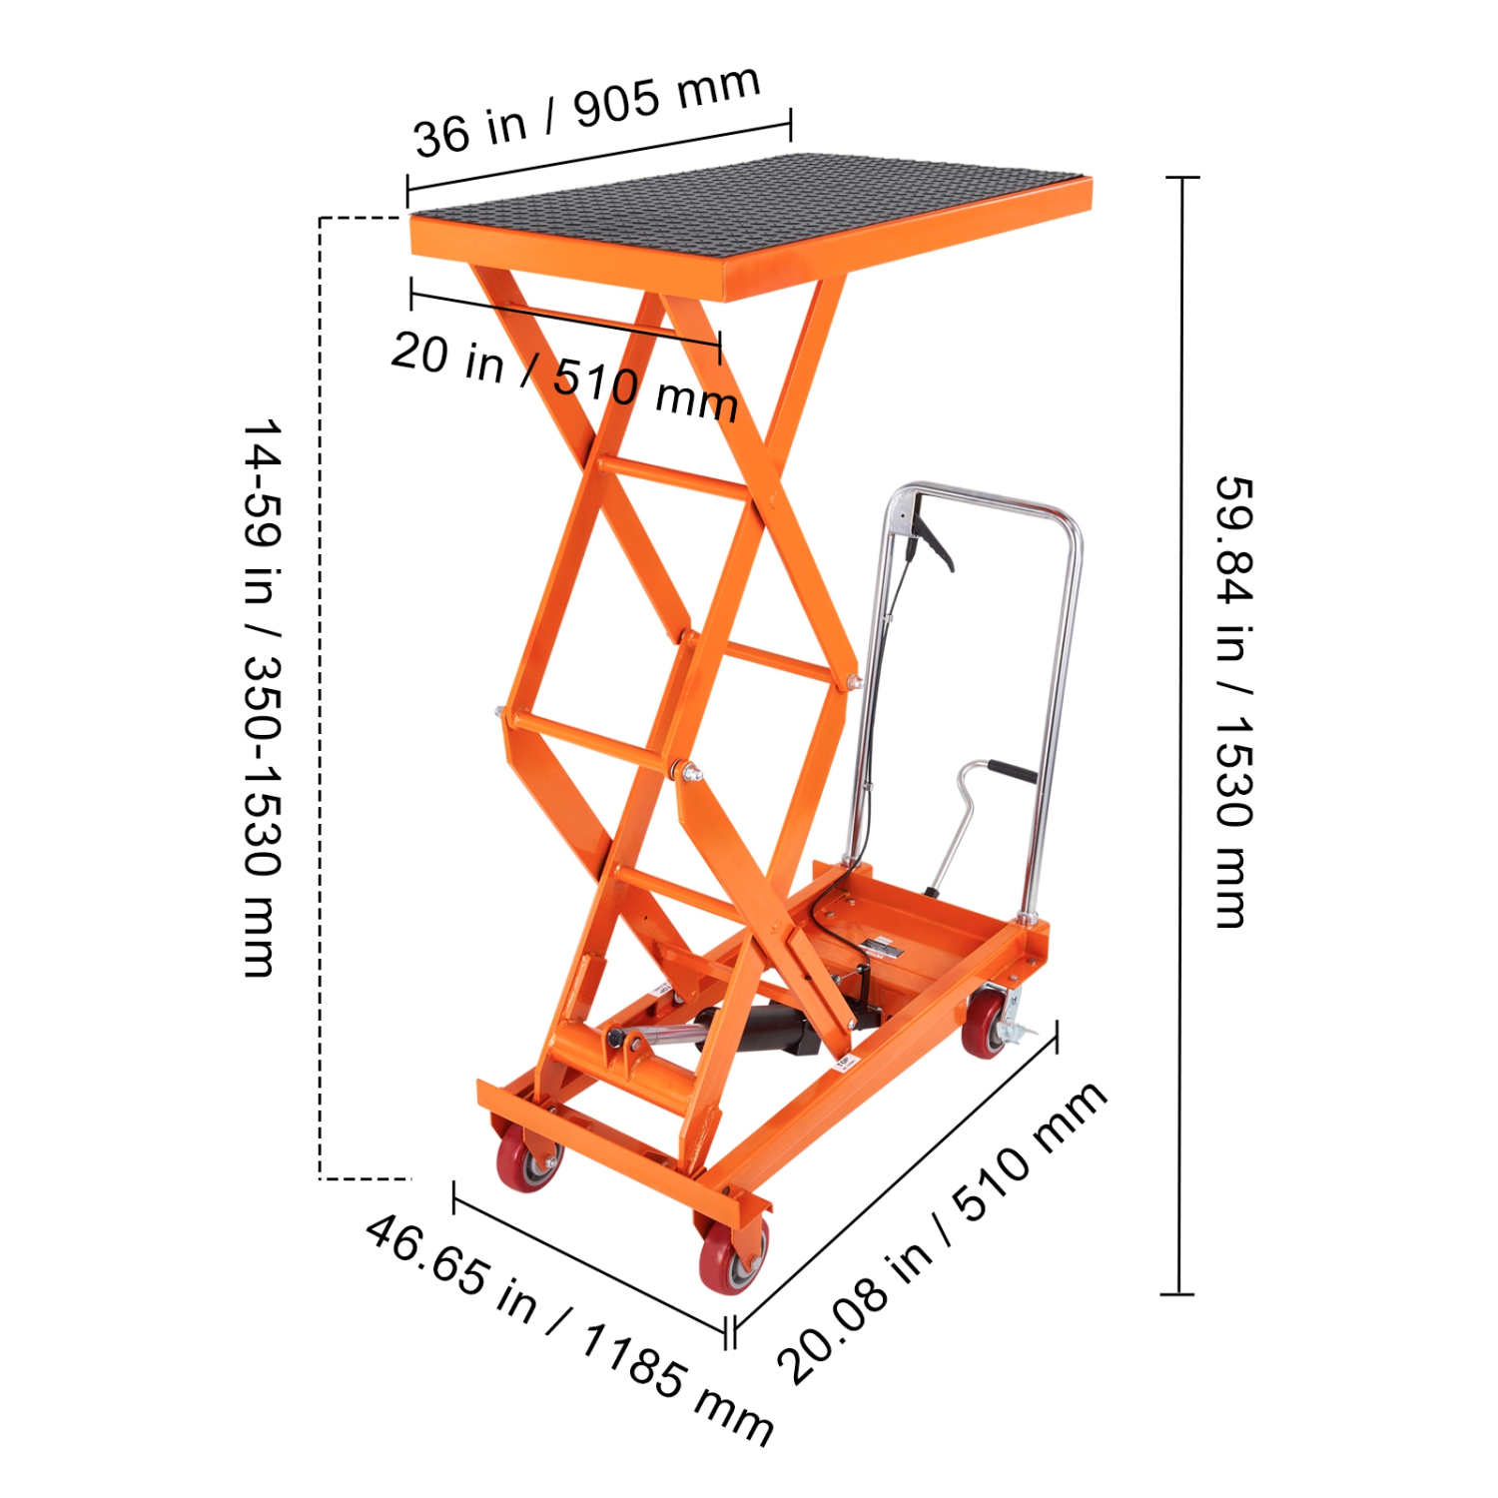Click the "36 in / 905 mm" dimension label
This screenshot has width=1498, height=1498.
587,111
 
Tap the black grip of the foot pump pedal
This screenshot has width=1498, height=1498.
1011,772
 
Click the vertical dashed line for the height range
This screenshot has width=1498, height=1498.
320,699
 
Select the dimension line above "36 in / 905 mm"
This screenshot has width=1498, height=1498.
599,157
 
